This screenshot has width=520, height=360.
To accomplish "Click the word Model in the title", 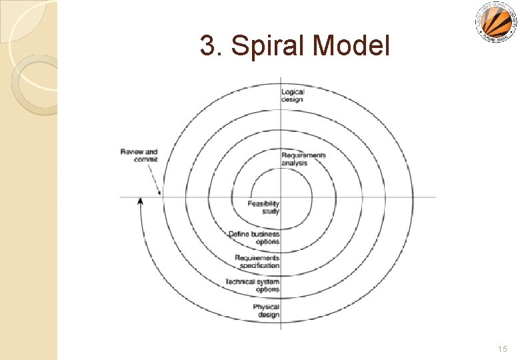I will coord(351,46).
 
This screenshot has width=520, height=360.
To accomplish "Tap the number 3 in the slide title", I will coord(208,46).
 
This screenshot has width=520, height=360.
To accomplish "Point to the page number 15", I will coord(502,349).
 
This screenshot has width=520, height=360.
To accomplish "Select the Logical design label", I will coord(292,96).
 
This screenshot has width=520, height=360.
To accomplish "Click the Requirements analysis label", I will coord(303,159).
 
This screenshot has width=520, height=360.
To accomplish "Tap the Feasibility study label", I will coord(264,207).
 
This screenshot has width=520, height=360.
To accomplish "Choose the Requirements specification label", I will coord(257,261).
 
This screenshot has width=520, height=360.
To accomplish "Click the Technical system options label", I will coord(253,285).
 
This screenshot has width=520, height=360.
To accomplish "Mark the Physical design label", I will coord(266,311).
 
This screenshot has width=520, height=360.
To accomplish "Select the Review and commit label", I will coord(139,156).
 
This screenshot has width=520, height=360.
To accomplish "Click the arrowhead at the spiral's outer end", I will coord(140,201).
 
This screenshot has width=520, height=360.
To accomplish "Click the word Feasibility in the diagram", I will coord(264,203).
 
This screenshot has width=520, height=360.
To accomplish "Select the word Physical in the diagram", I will coord(266,307).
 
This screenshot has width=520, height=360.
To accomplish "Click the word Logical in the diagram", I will coord(293,92).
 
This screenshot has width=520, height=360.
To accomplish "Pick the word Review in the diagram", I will coord(130,152).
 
